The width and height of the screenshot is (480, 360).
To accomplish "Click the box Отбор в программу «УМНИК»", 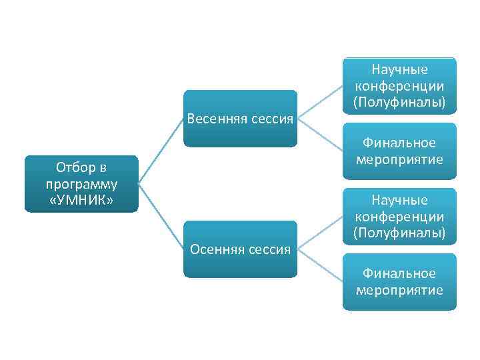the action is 81,184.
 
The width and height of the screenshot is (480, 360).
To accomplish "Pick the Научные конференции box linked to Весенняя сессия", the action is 399,86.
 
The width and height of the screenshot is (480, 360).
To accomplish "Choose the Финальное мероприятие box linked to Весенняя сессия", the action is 399,151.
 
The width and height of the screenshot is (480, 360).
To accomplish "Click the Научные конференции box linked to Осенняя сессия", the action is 399,217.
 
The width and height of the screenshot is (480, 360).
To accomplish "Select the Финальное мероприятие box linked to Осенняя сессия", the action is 399,282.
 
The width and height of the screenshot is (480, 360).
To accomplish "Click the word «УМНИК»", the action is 81,199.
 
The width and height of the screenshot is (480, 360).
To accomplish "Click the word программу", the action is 81,184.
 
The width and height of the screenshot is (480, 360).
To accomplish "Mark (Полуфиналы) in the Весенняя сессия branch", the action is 399,102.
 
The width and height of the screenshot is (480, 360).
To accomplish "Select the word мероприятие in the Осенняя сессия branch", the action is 399,290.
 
